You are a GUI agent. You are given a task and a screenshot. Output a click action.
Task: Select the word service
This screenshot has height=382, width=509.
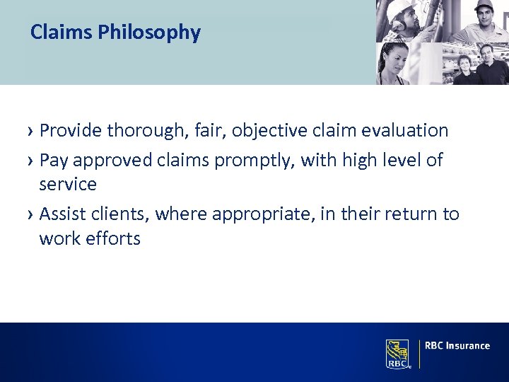coord(68,184)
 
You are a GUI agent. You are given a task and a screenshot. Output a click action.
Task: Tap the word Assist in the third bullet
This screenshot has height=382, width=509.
coord(62,214)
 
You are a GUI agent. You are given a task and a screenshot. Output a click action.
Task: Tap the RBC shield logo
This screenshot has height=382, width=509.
coord(397,353)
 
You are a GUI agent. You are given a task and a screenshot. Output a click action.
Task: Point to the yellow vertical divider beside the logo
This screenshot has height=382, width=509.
coord(419,353)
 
